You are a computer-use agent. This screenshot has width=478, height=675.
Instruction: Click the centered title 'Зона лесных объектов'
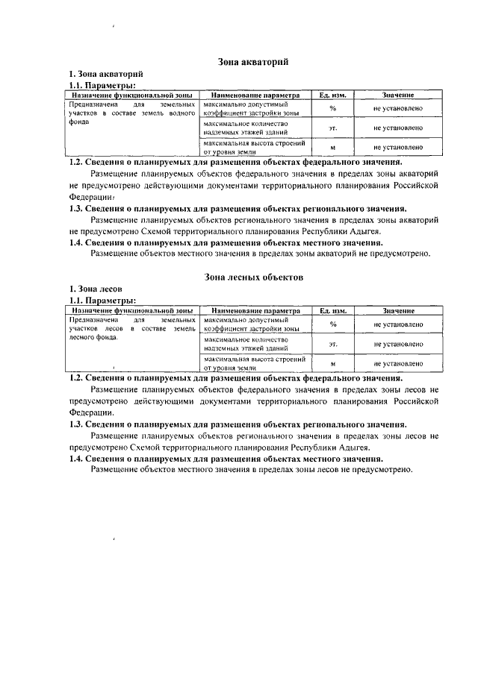(253, 276)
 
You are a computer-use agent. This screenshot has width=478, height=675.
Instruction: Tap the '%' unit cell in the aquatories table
(333, 109)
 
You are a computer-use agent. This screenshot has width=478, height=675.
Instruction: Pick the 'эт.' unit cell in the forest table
(333, 344)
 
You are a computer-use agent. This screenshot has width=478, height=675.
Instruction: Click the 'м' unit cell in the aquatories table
(333, 148)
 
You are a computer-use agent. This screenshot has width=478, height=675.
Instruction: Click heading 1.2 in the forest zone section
(237, 378)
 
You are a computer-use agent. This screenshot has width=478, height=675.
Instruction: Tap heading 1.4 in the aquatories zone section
(226, 242)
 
